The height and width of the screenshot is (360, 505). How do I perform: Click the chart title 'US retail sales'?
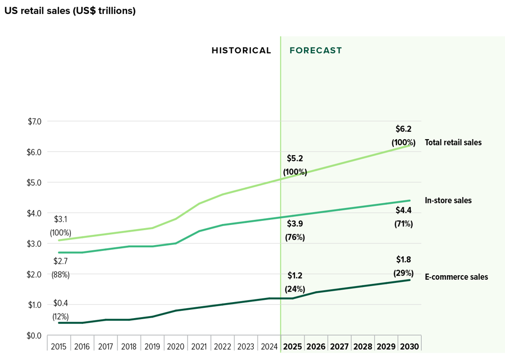[70, 11]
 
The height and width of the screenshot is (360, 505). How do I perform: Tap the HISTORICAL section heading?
[241, 51]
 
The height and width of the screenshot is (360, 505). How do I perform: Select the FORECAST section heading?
[316, 51]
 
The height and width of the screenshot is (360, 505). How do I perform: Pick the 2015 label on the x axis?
[59, 347]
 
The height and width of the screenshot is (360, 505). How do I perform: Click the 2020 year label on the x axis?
[176, 347]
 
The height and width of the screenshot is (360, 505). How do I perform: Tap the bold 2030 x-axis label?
[410, 347]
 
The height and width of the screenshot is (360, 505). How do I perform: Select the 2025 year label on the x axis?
[293, 347]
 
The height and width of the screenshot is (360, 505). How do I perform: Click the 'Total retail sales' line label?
[453, 142]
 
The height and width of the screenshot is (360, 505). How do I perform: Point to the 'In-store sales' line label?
[448, 200]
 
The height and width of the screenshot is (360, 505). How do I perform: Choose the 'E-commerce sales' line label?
[456, 277]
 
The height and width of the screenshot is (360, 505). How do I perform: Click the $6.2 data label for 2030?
[404, 129]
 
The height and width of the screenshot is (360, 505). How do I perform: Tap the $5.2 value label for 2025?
[295, 158]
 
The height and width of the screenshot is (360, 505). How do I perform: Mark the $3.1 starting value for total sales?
[61, 219]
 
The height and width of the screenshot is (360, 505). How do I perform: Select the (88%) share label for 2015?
[60, 275]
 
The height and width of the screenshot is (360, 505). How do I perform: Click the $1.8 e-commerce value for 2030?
[404, 260]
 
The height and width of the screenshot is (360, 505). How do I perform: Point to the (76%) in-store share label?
[295, 237]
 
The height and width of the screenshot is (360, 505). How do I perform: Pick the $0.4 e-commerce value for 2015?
[60, 304]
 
